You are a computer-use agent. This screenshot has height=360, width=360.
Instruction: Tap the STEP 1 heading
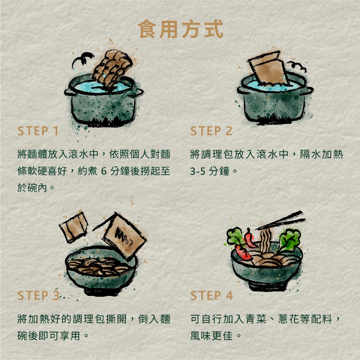[x=38, y=131]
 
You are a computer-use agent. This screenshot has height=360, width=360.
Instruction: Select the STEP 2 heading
[x=211, y=131]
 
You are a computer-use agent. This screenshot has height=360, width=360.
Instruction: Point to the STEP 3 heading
[x=38, y=296]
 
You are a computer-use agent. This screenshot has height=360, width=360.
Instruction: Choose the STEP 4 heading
[x=212, y=296]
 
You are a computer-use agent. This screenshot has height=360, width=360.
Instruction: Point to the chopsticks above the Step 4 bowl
[x=281, y=220]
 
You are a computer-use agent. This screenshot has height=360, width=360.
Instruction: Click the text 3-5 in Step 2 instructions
[x=198, y=171]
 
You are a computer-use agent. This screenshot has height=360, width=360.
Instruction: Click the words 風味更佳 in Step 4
[x=211, y=336]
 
